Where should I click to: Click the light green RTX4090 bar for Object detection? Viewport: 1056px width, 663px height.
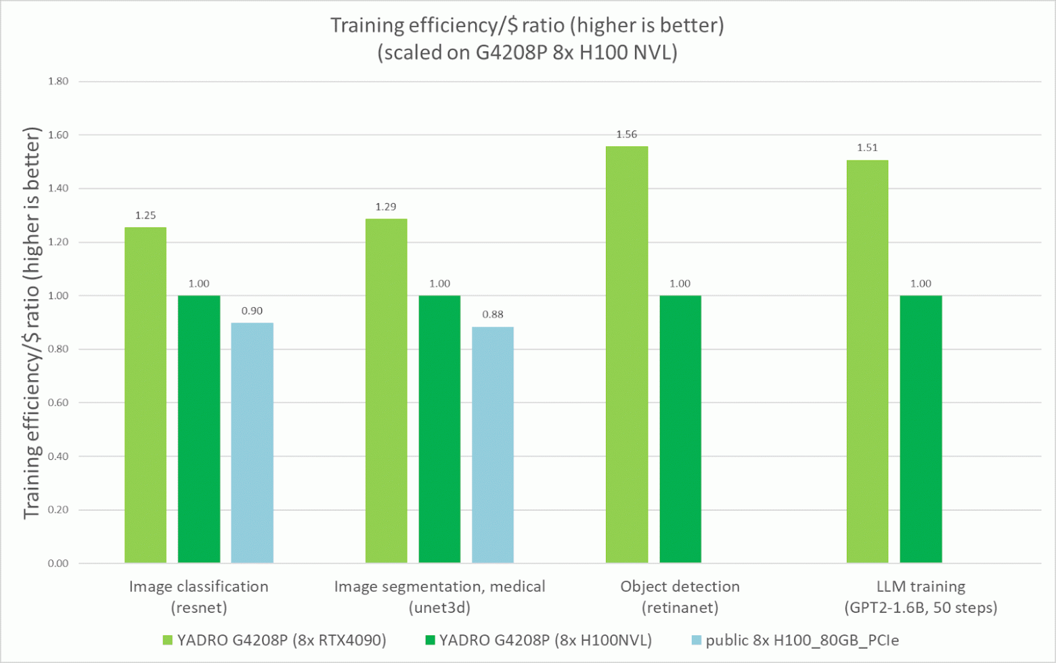(627, 355)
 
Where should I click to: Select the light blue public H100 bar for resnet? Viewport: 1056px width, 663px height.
(252, 442)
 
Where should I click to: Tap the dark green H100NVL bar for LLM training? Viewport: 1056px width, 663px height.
(921, 429)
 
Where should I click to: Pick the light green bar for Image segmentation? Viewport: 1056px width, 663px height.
(386, 390)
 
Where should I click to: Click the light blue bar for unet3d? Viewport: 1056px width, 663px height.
(493, 444)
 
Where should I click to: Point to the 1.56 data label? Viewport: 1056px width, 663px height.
(627, 135)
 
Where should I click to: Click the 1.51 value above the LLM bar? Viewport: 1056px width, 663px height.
(867, 147)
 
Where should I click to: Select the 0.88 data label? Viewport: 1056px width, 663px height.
(493, 314)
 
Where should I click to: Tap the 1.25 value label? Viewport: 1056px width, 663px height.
(146, 215)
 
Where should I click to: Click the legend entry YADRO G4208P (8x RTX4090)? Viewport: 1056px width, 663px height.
(274, 640)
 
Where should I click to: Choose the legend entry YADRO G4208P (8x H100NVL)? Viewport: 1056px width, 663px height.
(538, 640)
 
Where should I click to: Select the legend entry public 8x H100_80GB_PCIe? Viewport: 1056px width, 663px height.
(795, 640)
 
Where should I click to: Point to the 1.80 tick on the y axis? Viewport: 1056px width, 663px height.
(58, 81)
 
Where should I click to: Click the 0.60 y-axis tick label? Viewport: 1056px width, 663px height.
(58, 403)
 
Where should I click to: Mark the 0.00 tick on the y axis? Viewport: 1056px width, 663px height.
(58, 564)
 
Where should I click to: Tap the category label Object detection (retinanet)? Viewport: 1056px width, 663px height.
(680, 597)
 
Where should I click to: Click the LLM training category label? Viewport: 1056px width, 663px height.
(921, 597)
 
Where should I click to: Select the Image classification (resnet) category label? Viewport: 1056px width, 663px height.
(199, 597)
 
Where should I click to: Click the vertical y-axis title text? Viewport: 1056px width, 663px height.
(32, 323)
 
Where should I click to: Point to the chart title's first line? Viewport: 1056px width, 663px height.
(527, 26)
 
